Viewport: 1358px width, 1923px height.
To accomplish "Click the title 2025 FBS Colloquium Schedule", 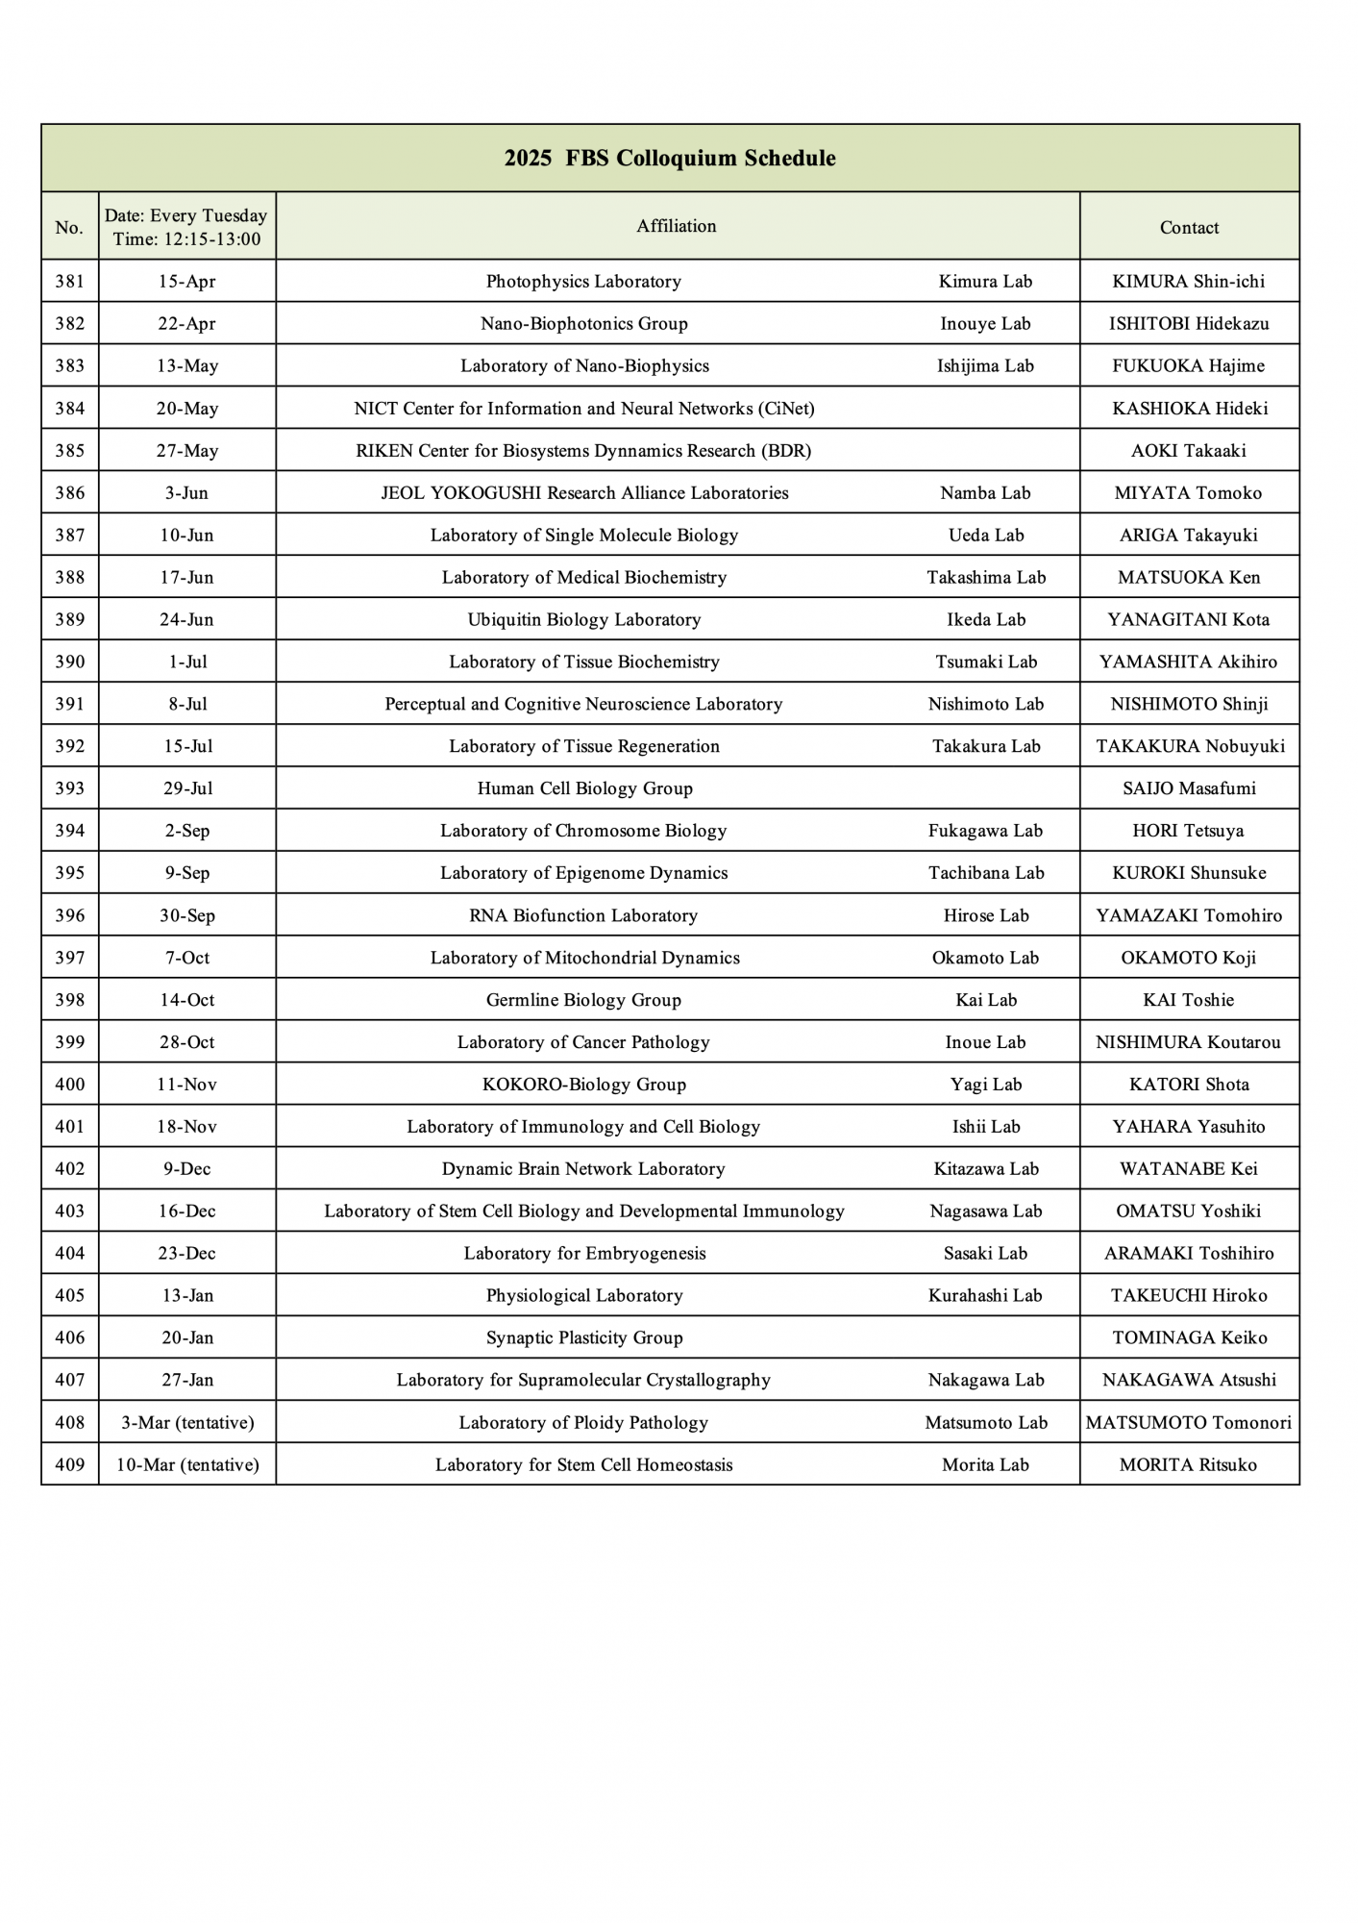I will pos(670,159).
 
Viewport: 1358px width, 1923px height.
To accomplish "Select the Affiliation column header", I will pos(677,226).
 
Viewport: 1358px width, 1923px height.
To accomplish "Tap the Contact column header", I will pos(1189,228).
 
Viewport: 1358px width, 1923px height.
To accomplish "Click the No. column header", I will pos(69,228).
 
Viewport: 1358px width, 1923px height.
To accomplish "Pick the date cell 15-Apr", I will pos(186,282).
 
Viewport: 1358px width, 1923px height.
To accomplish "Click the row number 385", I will pos(69,451).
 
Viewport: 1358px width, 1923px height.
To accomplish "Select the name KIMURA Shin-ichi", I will pos(1189,282).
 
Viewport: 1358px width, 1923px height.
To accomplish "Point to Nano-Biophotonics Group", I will pos(584,324).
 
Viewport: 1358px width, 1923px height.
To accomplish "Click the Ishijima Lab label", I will pos(985,366).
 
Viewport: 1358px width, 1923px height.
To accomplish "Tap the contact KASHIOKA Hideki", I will pos(1190,409).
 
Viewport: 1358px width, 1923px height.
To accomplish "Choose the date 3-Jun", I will pos(186,493).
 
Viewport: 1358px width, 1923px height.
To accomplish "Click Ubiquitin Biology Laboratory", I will pos(584,620).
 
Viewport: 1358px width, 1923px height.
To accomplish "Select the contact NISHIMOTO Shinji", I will pos(1189,705).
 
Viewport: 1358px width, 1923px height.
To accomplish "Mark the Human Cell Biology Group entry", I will pos(584,789).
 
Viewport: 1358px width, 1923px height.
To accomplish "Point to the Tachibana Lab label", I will pos(986,873).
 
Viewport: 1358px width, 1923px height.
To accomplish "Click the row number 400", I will pos(69,1085).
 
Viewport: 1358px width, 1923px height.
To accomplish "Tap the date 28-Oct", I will pos(186,1042).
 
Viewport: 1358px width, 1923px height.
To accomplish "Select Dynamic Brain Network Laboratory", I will pos(583,1169).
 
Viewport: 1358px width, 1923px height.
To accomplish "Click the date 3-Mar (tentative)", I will pos(186,1423).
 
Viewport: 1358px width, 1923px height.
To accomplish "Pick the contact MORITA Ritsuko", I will pos(1188,1465).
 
